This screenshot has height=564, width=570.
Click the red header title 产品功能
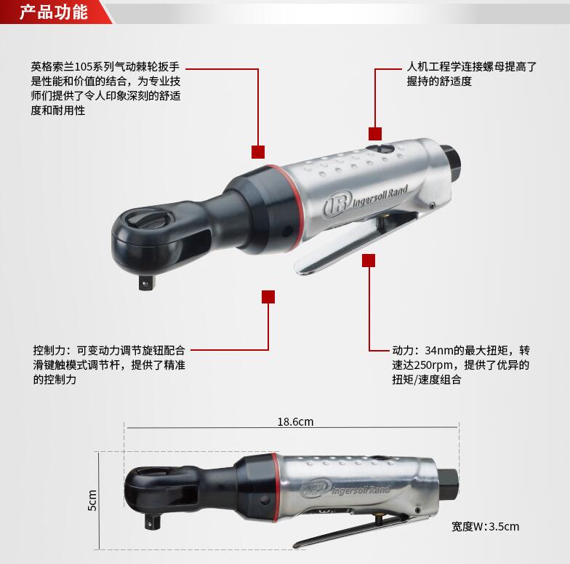[x=54, y=12]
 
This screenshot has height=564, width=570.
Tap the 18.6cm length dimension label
[x=295, y=422]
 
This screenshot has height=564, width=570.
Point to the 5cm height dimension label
[x=92, y=500]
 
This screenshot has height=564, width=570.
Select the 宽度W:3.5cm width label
[x=486, y=527]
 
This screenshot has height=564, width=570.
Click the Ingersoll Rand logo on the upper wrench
[x=365, y=202]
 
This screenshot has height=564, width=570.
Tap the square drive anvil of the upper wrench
[x=147, y=282]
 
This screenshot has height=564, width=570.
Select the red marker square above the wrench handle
[x=375, y=134]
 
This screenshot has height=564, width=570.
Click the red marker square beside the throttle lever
[x=369, y=261]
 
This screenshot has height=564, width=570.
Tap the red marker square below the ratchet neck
[x=268, y=297]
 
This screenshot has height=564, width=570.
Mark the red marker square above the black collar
[x=258, y=152]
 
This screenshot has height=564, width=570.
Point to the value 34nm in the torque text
[x=439, y=351]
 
